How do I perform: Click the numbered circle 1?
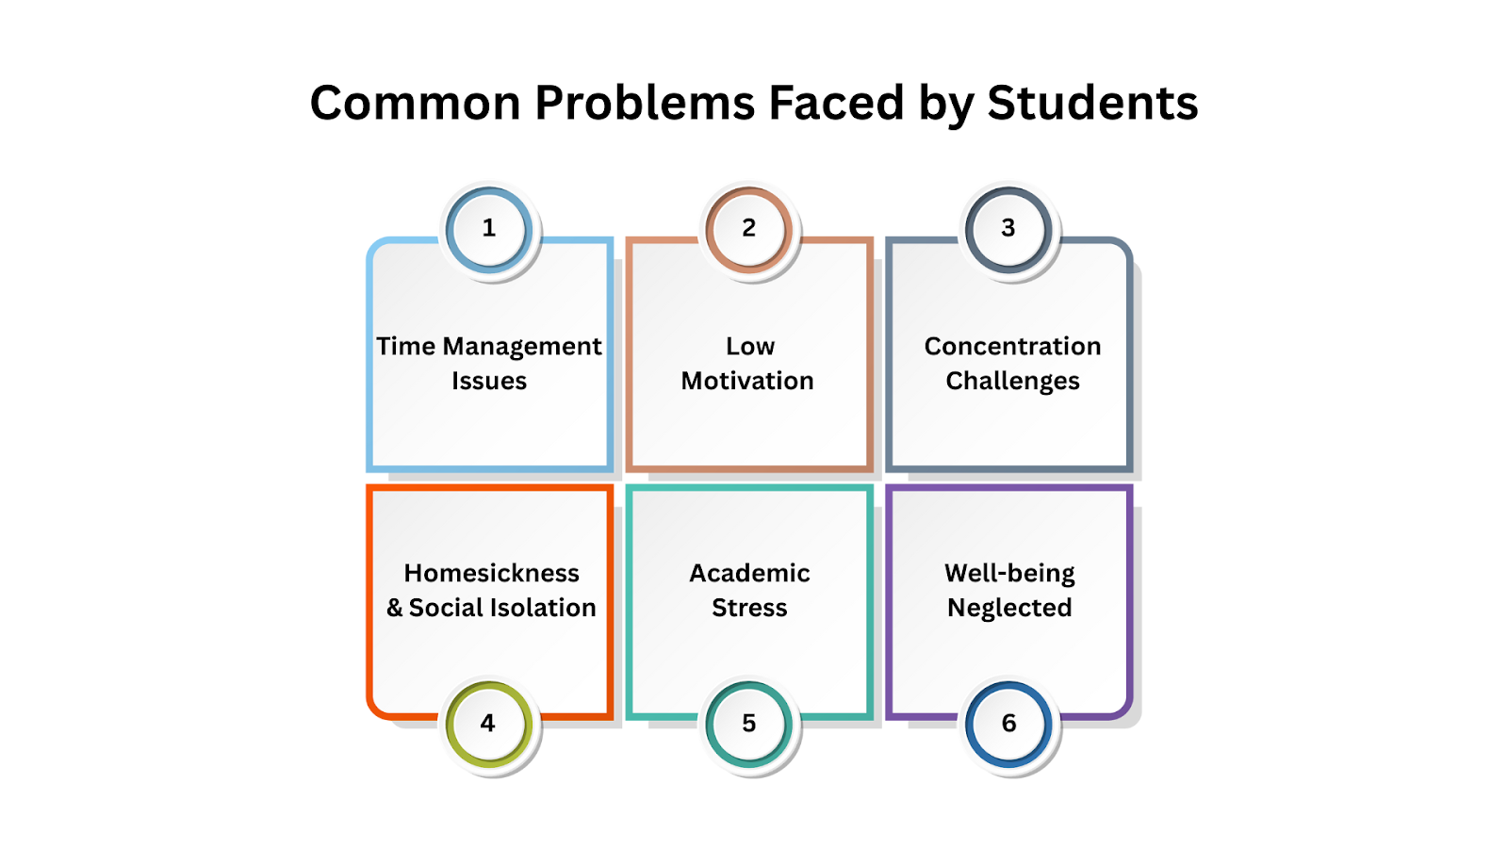tap(489, 229)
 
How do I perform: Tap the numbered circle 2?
tap(749, 229)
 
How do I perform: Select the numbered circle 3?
tap(1008, 229)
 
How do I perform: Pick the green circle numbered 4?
tap(488, 724)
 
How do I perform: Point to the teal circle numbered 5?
tap(749, 724)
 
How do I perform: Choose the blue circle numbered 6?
tap(1008, 724)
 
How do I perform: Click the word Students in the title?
tap(1092, 103)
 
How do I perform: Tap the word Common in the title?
tap(415, 103)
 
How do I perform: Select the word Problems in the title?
tap(645, 103)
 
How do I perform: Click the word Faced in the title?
tap(836, 103)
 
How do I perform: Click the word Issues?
tap(489, 382)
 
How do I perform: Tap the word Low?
tap(750, 347)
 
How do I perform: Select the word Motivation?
tap(747, 382)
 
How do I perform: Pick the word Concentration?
tap(1012, 347)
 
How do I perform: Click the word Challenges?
tap(1012, 382)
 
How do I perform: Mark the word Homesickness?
tap(491, 574)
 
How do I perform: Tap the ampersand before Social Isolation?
tap(394, 609)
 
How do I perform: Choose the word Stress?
tap(749, 609)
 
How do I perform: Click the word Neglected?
tap(1009, 609)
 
